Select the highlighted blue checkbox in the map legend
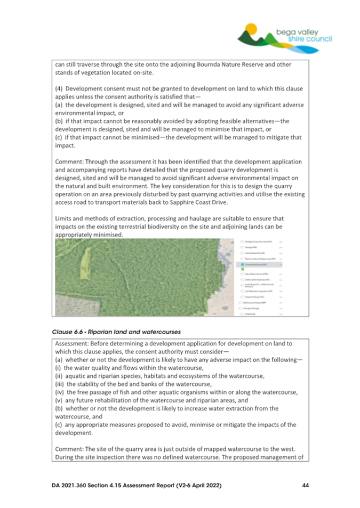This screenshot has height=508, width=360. tap(242, 264)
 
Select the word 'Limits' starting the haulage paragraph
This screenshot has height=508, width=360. tap(64, 219)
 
